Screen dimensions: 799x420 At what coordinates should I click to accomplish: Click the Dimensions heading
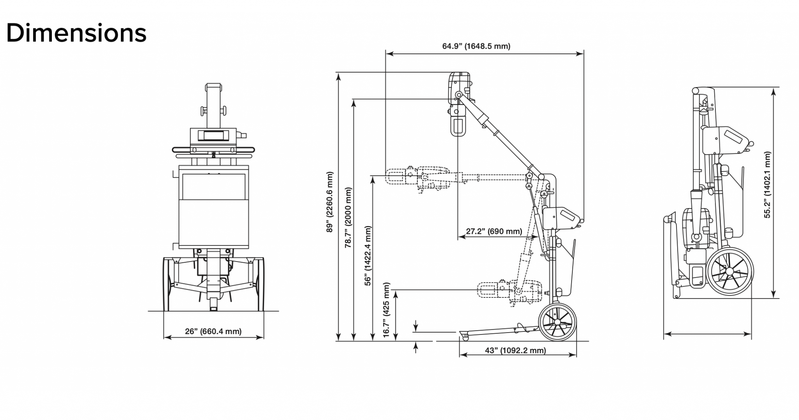pos(76,33)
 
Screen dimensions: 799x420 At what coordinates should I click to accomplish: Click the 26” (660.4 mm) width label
pos(213,331)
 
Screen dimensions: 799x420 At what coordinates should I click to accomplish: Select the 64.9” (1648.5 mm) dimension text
pos(476,46)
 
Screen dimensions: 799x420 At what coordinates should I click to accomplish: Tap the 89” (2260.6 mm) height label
pos(330,202)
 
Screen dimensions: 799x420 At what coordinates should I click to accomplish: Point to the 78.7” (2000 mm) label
pos(348,218)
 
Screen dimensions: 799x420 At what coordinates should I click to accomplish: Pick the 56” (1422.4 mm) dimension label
pos(368,256)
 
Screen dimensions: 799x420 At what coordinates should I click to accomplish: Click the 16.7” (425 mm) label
pos(386,310)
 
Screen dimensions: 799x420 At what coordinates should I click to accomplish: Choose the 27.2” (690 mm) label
pos(494,231)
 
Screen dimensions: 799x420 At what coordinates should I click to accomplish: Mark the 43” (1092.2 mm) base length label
pos(515,351)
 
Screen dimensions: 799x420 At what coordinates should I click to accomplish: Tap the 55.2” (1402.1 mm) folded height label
pos(767,185)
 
